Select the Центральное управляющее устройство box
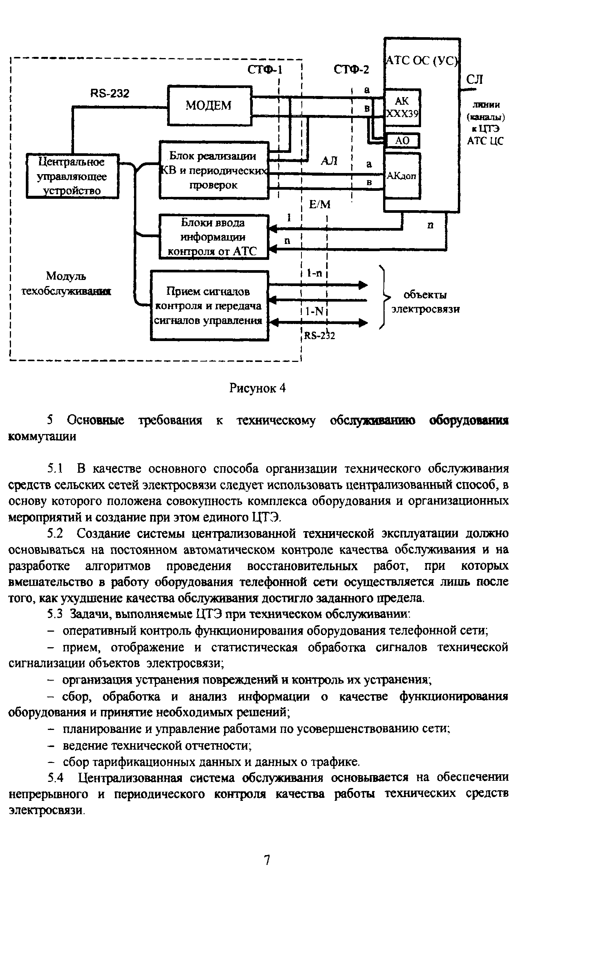coord(72,176)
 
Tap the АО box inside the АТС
coord(402,141)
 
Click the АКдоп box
coord(402,176)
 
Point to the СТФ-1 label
coord(265,70)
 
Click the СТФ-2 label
coord(351,70)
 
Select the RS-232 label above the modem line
coord(110,93)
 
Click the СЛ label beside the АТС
coord(474,80)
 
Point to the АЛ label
coord(329,161)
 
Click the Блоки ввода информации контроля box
coord(213,237)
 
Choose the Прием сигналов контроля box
coord(209,305)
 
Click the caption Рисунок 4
coord(257,388)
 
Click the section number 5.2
coord(55,534)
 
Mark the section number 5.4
coord(55,778)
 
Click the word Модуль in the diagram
coord(66,276)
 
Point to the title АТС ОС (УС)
coord(421,61)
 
